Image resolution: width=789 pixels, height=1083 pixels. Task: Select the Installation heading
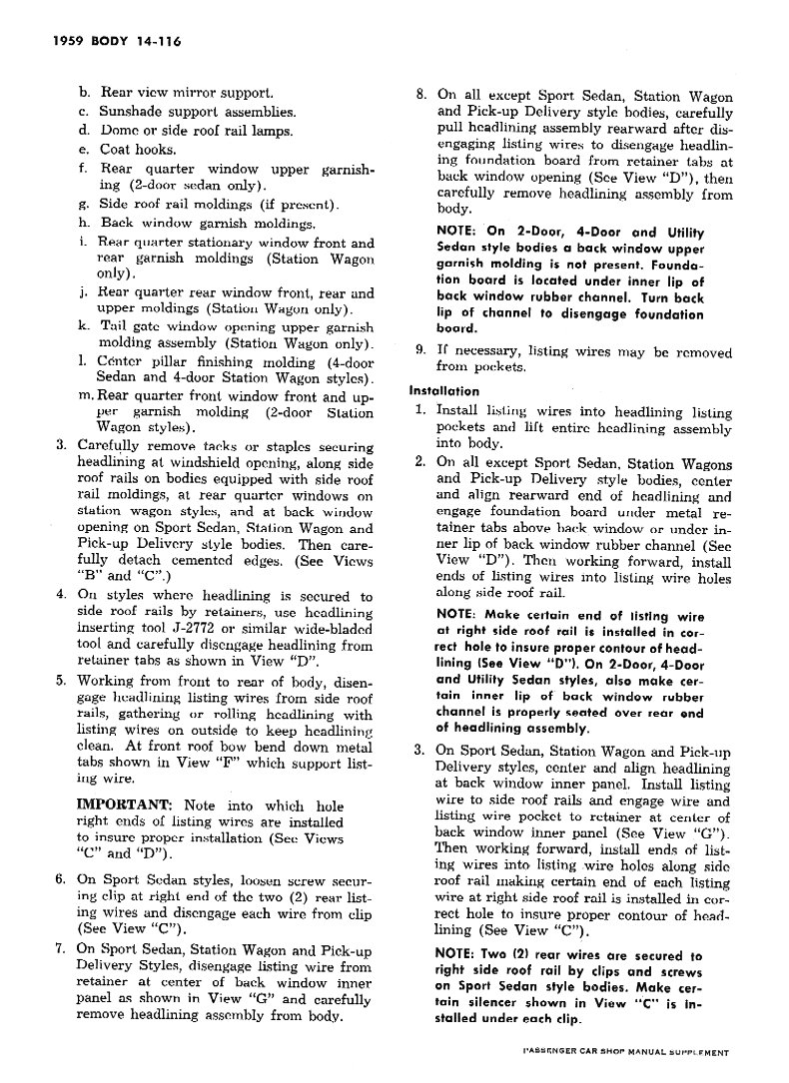[x=443, y=391]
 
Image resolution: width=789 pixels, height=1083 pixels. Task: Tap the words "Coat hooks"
[x=138, y=150]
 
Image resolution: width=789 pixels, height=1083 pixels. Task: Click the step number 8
[x=421, y=96]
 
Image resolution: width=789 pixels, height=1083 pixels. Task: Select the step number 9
[x=421, y=350]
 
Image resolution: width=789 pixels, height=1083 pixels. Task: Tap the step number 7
[x=60, y=950]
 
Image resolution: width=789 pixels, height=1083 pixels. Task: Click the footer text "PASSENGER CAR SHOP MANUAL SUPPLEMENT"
[x=628, y=1053]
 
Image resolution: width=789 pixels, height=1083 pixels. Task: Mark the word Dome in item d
[x=119, y=131]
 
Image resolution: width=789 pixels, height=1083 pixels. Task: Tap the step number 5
[x=60, y=681]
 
